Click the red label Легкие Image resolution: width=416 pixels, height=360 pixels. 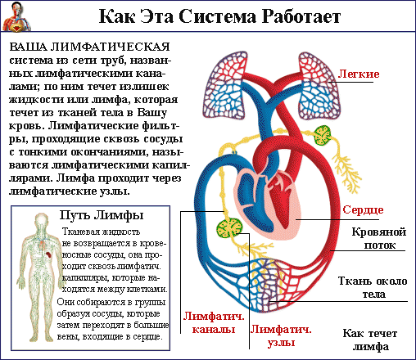tap(359, 74)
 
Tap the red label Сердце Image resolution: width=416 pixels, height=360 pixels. tap(363, 209)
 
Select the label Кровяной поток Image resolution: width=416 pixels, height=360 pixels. tap(379, 238)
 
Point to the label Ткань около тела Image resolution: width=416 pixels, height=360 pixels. tap(373, 287)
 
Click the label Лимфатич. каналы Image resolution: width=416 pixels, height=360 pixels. tap(214, 322)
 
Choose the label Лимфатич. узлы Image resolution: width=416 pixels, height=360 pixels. tap(281, 335)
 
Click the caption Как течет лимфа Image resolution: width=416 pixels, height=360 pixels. tap(370, 340)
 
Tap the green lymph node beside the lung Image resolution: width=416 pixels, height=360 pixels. tap(322, 136)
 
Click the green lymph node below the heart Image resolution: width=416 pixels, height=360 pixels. tap(229, 228)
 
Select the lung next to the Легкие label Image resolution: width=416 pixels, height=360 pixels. tap(319, 85)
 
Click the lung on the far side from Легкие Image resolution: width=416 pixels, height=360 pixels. tap(225, 85)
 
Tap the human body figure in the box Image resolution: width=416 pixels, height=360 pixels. tap(38, 277)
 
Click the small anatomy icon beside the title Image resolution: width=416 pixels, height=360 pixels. tap(16, 16)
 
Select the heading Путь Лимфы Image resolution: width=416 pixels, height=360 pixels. tap(102, 215)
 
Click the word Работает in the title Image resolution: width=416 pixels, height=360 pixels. tap(301, 16)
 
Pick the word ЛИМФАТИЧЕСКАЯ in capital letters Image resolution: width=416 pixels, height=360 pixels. tap(111, 47)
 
